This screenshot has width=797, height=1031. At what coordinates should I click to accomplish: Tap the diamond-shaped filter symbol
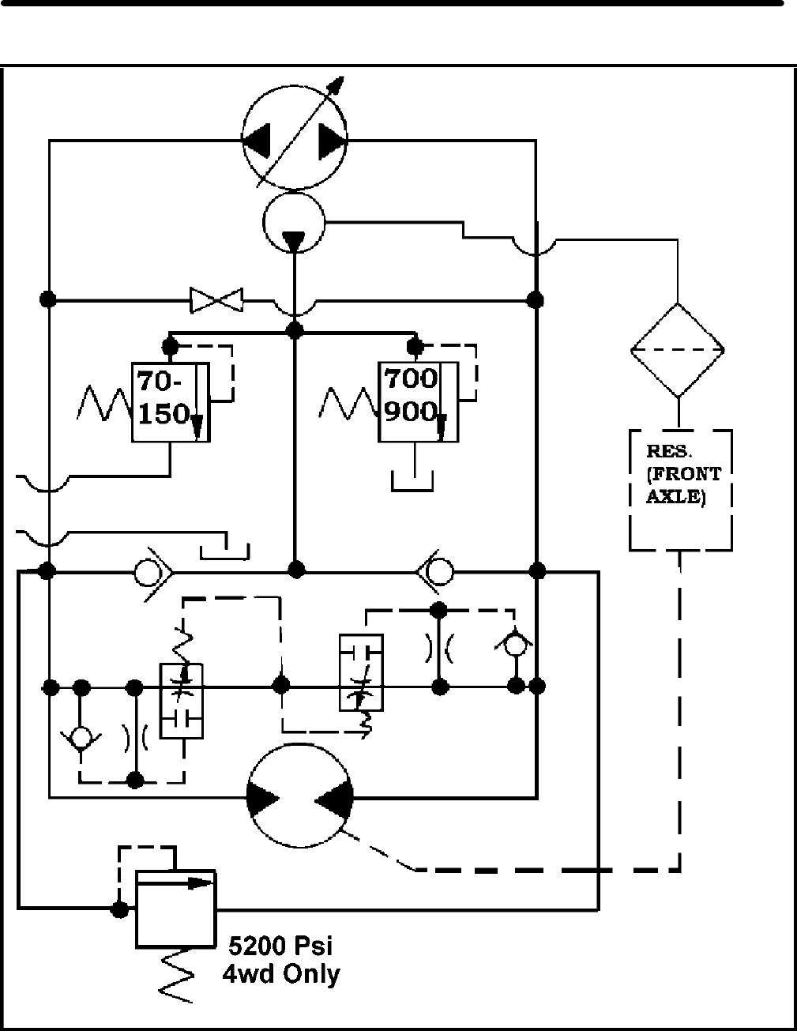(677, 350)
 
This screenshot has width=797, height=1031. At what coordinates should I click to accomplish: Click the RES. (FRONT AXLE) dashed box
(681, 490)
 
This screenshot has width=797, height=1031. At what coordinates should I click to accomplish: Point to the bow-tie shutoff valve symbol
(216, 299)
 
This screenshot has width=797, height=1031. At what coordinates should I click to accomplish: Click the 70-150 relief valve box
(170, 401)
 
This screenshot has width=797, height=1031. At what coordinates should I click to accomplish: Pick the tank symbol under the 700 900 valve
(413, 480)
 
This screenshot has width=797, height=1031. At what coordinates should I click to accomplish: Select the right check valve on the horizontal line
(435, 570)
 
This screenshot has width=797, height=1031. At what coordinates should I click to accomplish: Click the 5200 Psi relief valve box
(175, 909)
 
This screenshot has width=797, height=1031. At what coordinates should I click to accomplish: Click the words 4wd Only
(281, 973)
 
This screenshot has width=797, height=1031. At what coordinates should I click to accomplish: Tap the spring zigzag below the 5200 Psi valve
(175, 976)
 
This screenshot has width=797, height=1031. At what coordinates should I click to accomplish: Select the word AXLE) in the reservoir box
(675, 498)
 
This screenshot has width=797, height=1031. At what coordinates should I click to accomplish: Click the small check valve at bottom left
(81, 737)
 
